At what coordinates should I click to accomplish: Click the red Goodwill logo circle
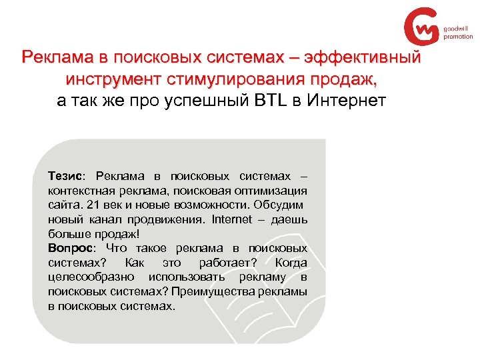point(422,26)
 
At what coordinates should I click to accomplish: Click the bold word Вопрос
point(70,247)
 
